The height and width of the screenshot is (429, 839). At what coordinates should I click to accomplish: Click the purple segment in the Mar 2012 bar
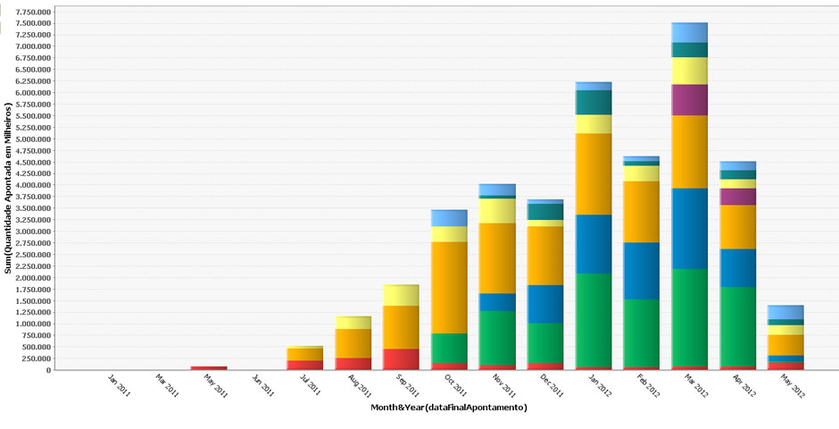point(689,99)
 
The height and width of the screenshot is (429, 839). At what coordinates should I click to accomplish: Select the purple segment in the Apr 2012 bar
point(737,197)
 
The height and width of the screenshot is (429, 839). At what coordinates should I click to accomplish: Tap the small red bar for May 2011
point(208,367)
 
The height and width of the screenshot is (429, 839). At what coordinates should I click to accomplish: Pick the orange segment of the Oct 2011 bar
point(449,287)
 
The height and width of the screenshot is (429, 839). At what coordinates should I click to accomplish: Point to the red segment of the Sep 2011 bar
point(401,358)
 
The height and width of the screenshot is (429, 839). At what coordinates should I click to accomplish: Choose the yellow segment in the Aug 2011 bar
point(353,322)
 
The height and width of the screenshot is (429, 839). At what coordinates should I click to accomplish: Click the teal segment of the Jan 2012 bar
point(594,102)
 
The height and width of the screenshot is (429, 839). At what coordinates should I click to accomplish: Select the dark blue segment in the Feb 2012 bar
point(642,270)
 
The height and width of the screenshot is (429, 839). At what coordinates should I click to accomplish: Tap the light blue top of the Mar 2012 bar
point(689,31)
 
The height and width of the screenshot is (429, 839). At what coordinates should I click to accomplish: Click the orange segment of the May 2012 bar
point(785,344)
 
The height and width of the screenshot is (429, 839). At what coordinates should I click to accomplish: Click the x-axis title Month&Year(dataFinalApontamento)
point(449,408)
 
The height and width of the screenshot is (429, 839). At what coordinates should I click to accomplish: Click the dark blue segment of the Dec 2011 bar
point(545,304)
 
